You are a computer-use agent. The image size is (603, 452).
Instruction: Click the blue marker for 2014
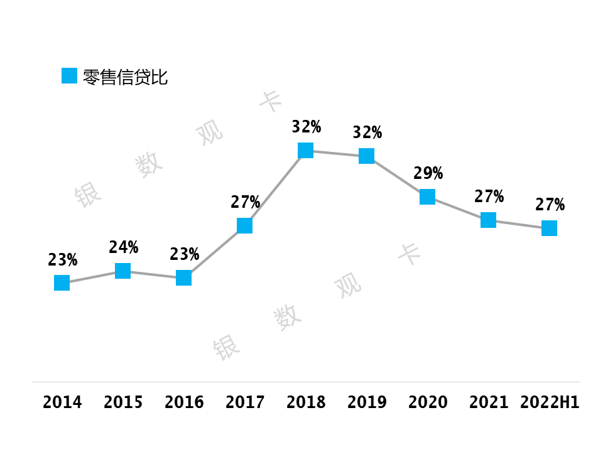click(62, 283)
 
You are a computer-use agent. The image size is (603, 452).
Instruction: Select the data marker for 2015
click(122, 271)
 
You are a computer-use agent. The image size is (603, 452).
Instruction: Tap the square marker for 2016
click(184, 277)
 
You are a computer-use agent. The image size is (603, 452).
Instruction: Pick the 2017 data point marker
click(244, 225)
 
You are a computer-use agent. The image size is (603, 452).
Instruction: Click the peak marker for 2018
click(306, 150)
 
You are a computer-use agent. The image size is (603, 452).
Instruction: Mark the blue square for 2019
click(366, 156)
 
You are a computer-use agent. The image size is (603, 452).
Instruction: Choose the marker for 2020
click(427, 196)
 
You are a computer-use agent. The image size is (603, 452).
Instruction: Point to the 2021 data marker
click(489, 220)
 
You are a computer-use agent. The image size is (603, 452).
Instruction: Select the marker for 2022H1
click(549, 229)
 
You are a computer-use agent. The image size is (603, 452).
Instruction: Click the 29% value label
click(428, 173)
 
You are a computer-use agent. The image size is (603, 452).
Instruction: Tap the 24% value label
click(124, 247)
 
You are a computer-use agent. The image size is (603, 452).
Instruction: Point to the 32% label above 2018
click(307, 126)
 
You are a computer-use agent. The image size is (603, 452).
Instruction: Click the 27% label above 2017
click(246, 202)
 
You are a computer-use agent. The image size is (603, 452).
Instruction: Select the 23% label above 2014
click(63, 260)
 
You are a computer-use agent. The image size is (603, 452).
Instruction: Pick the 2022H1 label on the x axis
click(550, 402)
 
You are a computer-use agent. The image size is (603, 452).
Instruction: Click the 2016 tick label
click(184, 402)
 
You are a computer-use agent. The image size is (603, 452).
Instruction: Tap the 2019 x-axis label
click(367, 402)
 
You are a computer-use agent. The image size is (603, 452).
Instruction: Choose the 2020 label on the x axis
click(428, 402)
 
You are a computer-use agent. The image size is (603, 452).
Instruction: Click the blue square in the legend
click(70, 76)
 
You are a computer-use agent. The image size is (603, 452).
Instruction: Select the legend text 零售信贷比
click(126, 77)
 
